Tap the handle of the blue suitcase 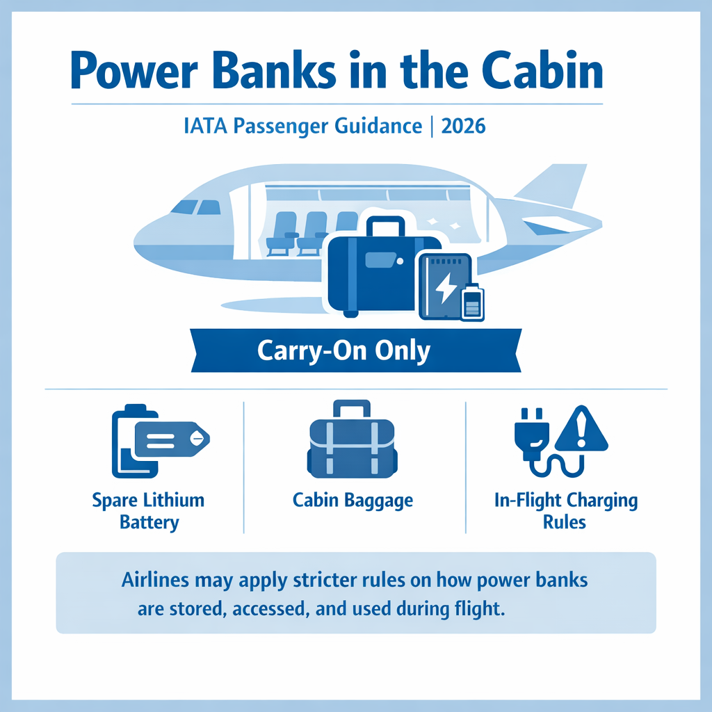pos(385,227)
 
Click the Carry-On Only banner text pos(343,350)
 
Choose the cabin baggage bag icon pos(353,442)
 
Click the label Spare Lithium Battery pos(148,511)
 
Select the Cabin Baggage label pos(353,500)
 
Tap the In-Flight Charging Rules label pos(565,511)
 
